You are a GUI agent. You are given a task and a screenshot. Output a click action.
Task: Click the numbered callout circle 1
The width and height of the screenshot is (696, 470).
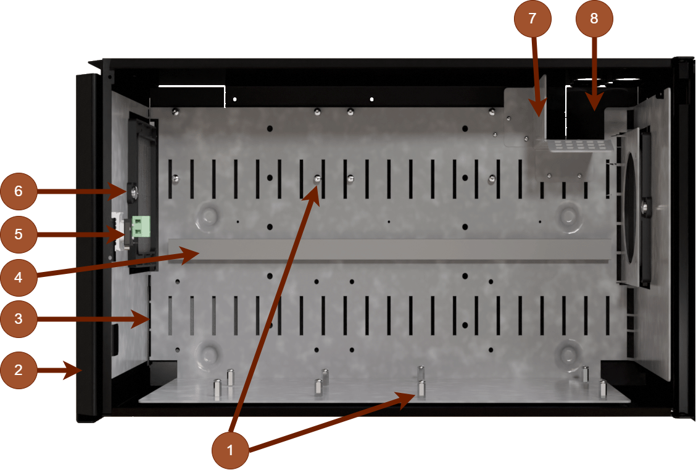[x=231, y=450]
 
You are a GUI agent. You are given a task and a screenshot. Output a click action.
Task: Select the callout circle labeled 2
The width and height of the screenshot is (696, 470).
[x=19, y=370]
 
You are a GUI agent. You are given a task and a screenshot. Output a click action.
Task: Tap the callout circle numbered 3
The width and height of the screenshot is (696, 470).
[x=19, y=319]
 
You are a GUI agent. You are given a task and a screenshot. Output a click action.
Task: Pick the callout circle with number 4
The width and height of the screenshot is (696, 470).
[x=19, y=277]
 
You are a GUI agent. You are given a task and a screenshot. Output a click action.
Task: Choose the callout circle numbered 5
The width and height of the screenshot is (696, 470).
[x=19, y=234]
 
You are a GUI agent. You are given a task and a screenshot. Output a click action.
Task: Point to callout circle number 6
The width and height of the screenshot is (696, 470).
[x=19, y=191]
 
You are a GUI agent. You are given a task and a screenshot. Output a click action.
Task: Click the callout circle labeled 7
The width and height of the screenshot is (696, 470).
[x=533, y=19]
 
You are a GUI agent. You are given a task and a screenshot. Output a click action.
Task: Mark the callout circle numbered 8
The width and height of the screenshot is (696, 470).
[x=594, y=19]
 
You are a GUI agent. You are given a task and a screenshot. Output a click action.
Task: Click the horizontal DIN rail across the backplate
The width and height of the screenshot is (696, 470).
[x=389, y=250]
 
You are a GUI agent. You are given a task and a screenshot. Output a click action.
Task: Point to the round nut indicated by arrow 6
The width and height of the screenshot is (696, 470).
[x=132, y=192]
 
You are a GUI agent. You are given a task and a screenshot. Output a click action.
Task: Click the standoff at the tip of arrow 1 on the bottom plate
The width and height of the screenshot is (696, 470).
[x=421, y=389]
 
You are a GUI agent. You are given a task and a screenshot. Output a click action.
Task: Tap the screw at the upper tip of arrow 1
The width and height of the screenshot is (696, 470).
[x=317, y=179]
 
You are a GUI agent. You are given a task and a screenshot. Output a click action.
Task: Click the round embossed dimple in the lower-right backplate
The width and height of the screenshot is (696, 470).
[x=566, y=353]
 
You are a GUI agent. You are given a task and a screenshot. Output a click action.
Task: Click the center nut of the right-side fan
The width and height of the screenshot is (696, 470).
[x=645, y=205]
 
